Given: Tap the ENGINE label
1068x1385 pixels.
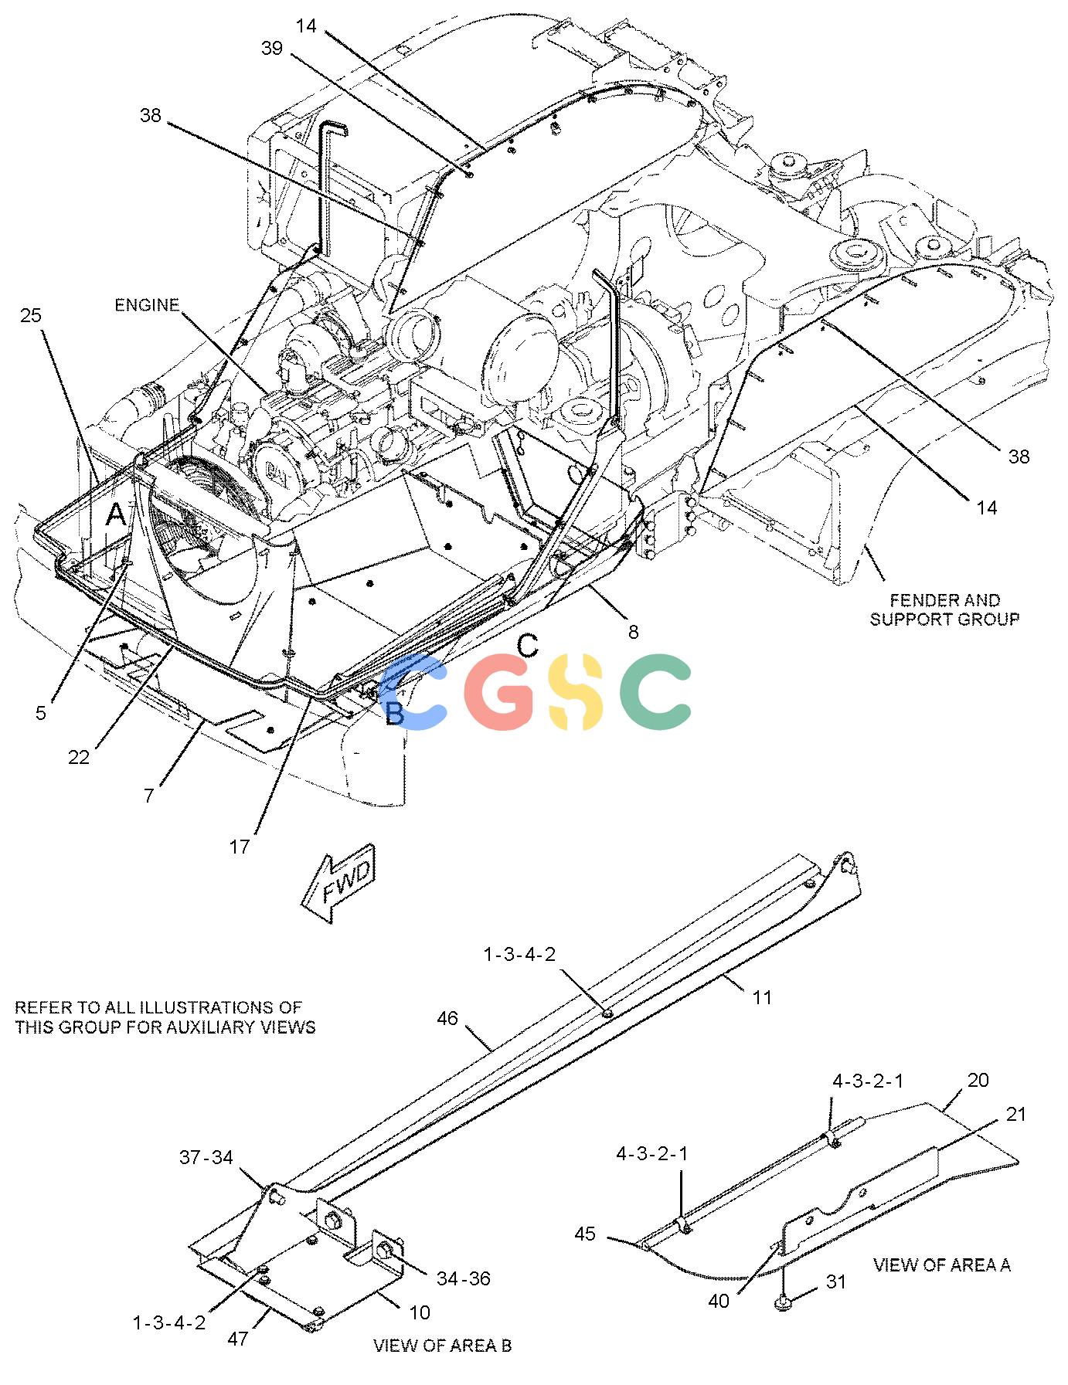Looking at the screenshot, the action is [147, 305].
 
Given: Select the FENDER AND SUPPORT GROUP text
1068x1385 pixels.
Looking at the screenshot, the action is [944, 609].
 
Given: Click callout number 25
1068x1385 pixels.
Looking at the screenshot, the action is [31, 315].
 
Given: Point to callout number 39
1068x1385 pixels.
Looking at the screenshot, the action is [272, 49].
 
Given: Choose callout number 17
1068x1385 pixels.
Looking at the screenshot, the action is [240, 847].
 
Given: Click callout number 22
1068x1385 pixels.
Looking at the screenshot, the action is [79, 758].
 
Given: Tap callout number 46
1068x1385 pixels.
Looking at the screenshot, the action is [447, 1019].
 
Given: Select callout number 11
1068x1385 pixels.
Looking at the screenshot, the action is [762, 997].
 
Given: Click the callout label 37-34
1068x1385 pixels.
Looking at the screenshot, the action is [206, 1157].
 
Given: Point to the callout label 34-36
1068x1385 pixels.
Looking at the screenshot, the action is [464, 1278].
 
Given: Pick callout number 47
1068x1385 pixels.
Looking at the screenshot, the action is [237, 1338].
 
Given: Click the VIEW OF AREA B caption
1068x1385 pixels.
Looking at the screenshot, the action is [442, 1346].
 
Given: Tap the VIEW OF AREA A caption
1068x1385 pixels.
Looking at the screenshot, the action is [942, 1264].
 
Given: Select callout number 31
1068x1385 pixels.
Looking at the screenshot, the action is [836, 1281].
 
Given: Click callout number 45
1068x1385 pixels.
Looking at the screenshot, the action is [585, 1234].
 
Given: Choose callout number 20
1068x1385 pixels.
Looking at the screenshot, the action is [978, 1080].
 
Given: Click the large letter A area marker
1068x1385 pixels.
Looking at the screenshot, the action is [116, 514].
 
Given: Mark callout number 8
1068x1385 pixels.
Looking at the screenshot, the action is [634, 633].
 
